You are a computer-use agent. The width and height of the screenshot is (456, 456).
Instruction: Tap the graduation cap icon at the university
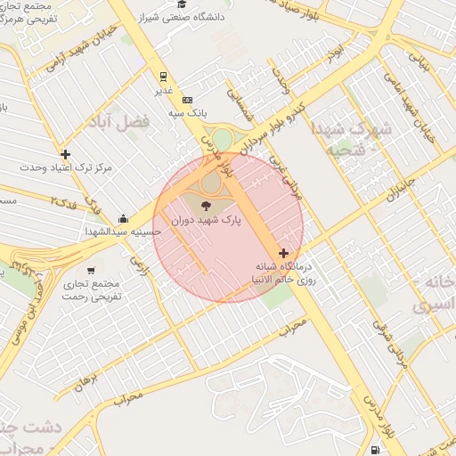182,4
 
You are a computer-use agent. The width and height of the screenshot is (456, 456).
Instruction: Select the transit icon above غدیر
162,77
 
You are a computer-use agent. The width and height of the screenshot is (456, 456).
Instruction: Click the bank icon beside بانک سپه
187,100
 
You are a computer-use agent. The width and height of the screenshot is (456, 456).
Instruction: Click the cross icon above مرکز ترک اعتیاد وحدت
65,154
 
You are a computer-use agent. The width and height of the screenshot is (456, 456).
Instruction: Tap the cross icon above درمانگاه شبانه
283,254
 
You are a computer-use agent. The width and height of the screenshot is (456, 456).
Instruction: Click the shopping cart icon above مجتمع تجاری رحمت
91,270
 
